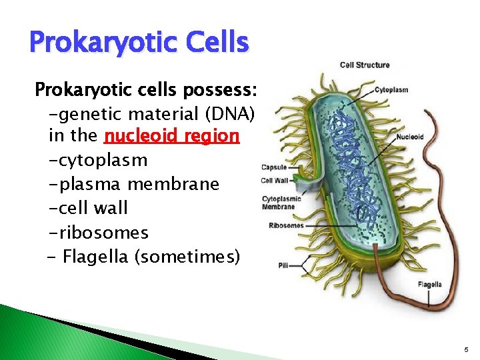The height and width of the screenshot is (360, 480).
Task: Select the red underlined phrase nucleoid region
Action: pyautogui.click(x=171, y=136)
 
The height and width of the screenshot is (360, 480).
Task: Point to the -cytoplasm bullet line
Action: pyautogui.click(x=97, y=161)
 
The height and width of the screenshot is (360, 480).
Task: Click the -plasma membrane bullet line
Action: pyautogui.click(x=133, y=184)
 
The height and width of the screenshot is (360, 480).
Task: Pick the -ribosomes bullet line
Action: pyautogui.click(x=98, y=233)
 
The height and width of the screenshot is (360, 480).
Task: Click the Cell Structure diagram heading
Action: pyautogui.click(x=365, y=65)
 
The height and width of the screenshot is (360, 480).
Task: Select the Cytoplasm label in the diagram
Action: pyautogui.click(x=391, y=89)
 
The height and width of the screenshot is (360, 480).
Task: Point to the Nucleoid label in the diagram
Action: pyautogui.click(x=409, y=137)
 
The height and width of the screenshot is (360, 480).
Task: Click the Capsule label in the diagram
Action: pyautogui.click(x=274, y=168)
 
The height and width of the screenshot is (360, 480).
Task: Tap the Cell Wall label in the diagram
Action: pyautogui.click(x=275, y=180)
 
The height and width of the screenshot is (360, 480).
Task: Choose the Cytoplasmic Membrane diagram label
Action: pyautogui.click(x=281, y=203)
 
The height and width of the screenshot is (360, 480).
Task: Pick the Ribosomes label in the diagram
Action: pyautogui.click(x=286, y=225)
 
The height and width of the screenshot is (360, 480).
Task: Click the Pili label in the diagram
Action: pyautogui.click(x=284, y=265)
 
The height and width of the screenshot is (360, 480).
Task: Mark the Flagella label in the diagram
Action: pyautogui.click(x=429, y=285)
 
